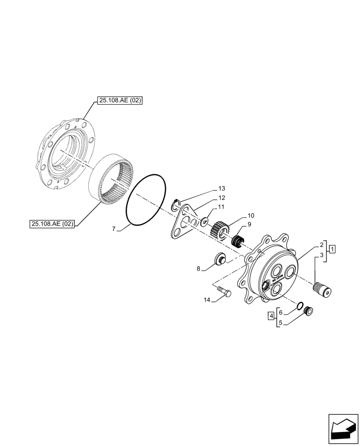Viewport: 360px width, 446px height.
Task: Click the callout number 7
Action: pos(114,229)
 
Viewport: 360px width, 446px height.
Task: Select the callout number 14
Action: pos(206,300)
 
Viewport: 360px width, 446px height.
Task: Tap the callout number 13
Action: pos(222,189)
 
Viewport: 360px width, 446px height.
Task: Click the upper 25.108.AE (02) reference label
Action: pos(119,101)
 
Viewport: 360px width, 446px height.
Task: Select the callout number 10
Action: pos(251,215)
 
